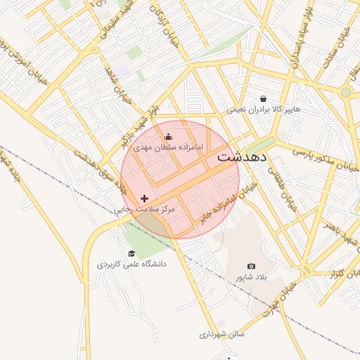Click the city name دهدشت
[241, 156]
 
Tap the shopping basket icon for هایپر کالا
[263, 99]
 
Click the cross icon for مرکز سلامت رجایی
[145, 199]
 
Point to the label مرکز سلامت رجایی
[144, 210]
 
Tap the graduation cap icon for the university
[131, 254]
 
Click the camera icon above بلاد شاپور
[251, 266]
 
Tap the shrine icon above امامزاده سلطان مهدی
[167, 137]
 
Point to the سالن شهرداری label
[221, 335]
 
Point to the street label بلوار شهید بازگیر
[141, 127]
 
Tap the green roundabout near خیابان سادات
[345, 92]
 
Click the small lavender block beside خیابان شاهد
[123, 71]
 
